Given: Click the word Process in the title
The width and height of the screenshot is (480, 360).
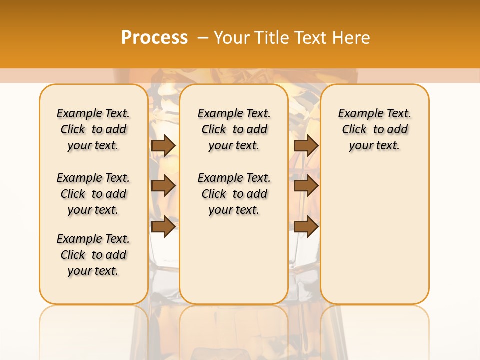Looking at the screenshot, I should (x=154, y=38).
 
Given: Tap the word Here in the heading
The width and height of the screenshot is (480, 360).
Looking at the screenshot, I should (x=352, y=38).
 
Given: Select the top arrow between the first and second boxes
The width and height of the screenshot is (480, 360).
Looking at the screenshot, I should (x=163, y=145).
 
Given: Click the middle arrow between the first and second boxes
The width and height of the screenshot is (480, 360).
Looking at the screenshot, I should (x=163, y=186).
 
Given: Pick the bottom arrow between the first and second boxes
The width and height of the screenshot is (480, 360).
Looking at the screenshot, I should (x=163, y=227).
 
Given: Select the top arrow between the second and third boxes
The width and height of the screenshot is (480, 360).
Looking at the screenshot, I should (x=306, y=145).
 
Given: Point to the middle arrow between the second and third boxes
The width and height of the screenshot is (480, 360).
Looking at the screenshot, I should (x=306, y=186).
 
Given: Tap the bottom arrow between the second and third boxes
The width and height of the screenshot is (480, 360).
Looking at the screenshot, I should (x=306, y=227).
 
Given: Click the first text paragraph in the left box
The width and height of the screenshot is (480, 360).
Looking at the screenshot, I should (x=93, y=129).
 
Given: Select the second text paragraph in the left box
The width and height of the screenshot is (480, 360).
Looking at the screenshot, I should (x=93, y=194).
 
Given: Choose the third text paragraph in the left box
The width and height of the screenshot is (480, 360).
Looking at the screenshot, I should (x=93, y=255).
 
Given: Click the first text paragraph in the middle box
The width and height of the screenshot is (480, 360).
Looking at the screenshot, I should (x=234, y=129).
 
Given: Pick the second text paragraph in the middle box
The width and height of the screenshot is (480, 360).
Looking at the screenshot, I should (x=234, y=194).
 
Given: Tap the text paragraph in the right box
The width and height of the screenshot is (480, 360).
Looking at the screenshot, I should (x=375, y=129).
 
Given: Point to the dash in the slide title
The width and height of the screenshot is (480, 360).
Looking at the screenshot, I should (x=203, y=38).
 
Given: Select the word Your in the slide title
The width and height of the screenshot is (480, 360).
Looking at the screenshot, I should (x=232, y=38).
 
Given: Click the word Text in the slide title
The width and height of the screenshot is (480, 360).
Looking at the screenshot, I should (x=311, y=38).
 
